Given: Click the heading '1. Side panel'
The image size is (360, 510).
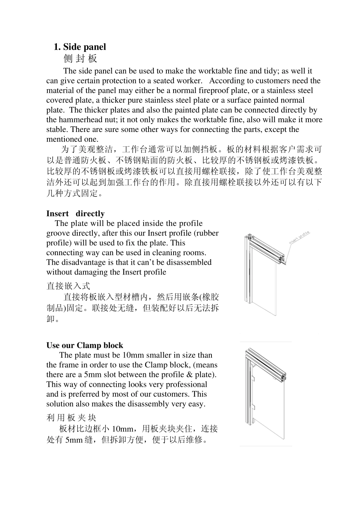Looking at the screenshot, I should (80, 47).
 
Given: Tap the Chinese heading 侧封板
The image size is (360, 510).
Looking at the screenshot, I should (80, 58).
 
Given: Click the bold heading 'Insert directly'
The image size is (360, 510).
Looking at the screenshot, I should (75, 213).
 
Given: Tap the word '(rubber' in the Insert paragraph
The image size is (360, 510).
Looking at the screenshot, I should (207, 233).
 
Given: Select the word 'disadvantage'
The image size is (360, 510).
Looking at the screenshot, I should (83, 262).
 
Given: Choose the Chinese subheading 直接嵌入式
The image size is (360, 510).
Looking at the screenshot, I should (68, 286).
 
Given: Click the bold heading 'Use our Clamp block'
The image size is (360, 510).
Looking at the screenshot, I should (85, 345).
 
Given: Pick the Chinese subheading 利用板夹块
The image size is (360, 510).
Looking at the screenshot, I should (71, 418).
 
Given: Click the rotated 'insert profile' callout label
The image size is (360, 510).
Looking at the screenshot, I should (299, 237).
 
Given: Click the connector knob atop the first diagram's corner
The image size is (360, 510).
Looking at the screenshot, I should (250, 235).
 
